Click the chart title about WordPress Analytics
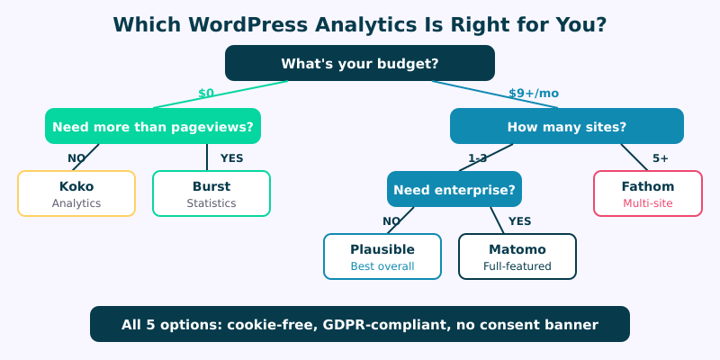(x=360, y=24)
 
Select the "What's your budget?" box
(x=360, y=63)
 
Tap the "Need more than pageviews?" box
(x=153, y=126)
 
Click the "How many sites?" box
(x=567, y=126)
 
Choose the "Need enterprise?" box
(x=454, y=189)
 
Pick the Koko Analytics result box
(x=76, y=193)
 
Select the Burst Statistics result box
(x=211, y=193)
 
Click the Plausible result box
(x=382, y=256)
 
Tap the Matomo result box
(x=517, y=256)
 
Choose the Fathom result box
(x=648, y=193)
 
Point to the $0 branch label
(x=206, y=93)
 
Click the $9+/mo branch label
(x=534, y=93)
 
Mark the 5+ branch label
(x=661, y=158)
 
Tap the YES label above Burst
(x=232, y=158)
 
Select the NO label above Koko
(x=76, y=158)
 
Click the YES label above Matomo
(x=520, y=221)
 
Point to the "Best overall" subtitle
(x=382, y=266)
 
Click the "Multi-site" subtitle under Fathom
(x=648, y=203)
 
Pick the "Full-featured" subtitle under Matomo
(x=517, y=266)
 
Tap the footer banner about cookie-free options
(x=360, y=324)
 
